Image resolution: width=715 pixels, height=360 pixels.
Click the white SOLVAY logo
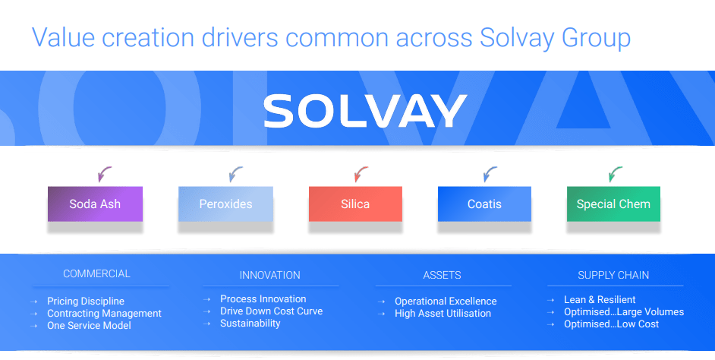coord(364,112)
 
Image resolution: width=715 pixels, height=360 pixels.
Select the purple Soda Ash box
coord(95,204)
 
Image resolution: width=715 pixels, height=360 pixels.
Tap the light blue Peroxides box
coord(225,204)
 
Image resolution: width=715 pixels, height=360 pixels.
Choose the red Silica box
coord(355,204)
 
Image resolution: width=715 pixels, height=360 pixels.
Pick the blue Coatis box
coord(484,204)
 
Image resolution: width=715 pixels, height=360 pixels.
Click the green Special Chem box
coord(613,204)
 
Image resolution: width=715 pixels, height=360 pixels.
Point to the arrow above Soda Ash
coord(105,175)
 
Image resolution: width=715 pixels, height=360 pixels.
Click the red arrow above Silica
coord(361,175)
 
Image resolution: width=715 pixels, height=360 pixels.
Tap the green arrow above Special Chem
coord(616,175)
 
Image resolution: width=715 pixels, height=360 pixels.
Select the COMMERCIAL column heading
coord(96,273)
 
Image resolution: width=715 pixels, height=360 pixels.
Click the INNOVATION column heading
coord(269,275)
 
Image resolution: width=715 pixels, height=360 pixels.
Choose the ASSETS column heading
coord(442,275)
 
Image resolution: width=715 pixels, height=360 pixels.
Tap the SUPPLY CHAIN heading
coord(613,275)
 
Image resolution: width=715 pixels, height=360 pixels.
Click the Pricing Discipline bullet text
coord(85,302)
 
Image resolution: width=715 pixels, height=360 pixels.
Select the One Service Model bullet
coord(89,326)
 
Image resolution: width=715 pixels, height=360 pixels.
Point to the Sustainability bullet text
coord(250,324)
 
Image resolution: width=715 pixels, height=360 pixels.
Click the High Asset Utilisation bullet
coord(443,314)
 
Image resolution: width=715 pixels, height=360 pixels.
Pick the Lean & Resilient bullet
coord(600,300)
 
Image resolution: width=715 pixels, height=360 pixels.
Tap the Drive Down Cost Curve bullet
coord(271,311)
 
